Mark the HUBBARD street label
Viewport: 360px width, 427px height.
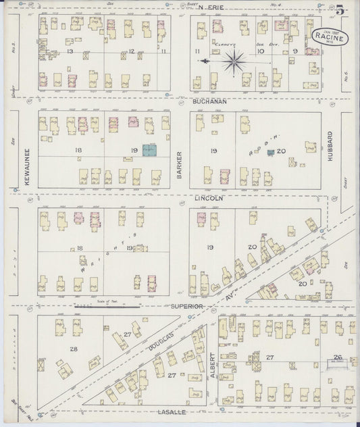[x=331, y=149]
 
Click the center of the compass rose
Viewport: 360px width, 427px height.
[x=234, y=62]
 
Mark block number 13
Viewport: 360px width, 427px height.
[x=69, y=51]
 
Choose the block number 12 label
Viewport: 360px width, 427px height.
[x=133, y=51]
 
